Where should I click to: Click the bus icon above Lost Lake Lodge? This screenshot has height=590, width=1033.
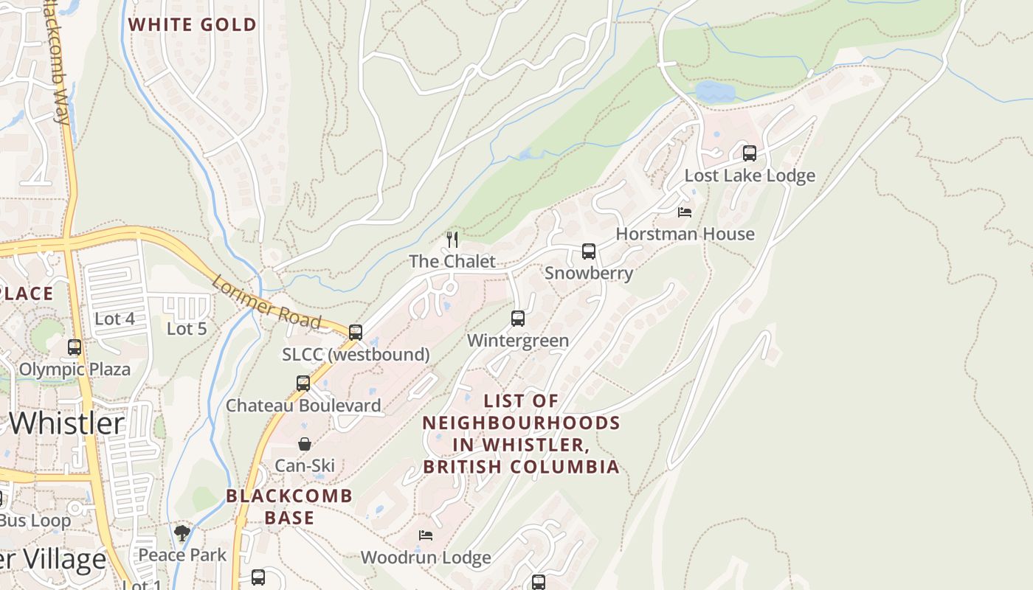point(750,153)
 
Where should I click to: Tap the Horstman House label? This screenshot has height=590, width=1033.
point(685,234)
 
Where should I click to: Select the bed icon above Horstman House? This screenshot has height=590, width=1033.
point(685,212)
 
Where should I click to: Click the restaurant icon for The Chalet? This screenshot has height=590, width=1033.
point(452,239)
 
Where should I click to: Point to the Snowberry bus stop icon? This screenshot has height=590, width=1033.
point(589,251)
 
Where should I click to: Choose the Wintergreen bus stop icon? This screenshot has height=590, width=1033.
point(518,319)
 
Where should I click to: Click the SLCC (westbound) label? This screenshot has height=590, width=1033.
point(356,355)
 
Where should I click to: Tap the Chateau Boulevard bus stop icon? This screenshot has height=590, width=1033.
point(303,383)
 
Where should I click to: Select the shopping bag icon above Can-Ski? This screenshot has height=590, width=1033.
point(304,444)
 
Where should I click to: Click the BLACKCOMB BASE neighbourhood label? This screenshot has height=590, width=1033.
point(289,507)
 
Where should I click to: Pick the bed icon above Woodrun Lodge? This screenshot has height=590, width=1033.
point(425,535)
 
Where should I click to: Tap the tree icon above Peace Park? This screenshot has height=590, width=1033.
point(182,532)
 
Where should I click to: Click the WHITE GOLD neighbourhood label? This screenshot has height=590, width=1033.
point(192,24)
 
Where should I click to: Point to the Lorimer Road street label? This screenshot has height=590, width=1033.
point(266,302)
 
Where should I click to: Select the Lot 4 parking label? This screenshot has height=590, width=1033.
point(114,319)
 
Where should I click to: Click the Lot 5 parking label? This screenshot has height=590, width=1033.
point(187,328)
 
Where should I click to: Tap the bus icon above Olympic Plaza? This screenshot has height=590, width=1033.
point(75,347)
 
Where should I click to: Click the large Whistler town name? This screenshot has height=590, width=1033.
point(67,423)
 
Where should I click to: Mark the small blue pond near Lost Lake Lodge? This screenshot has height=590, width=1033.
point(714,92)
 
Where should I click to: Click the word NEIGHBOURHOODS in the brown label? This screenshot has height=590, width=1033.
point(521,423)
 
